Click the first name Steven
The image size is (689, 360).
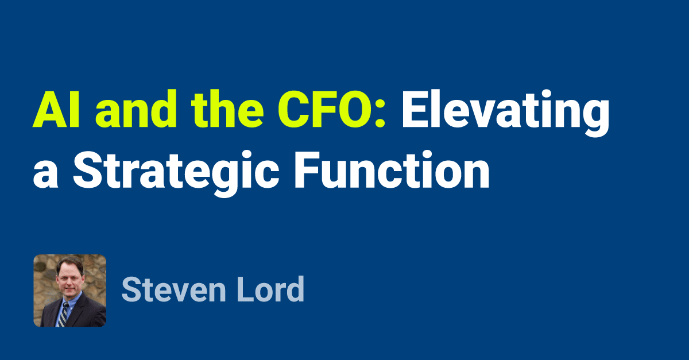pyautogui.click(x=172, y=291)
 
